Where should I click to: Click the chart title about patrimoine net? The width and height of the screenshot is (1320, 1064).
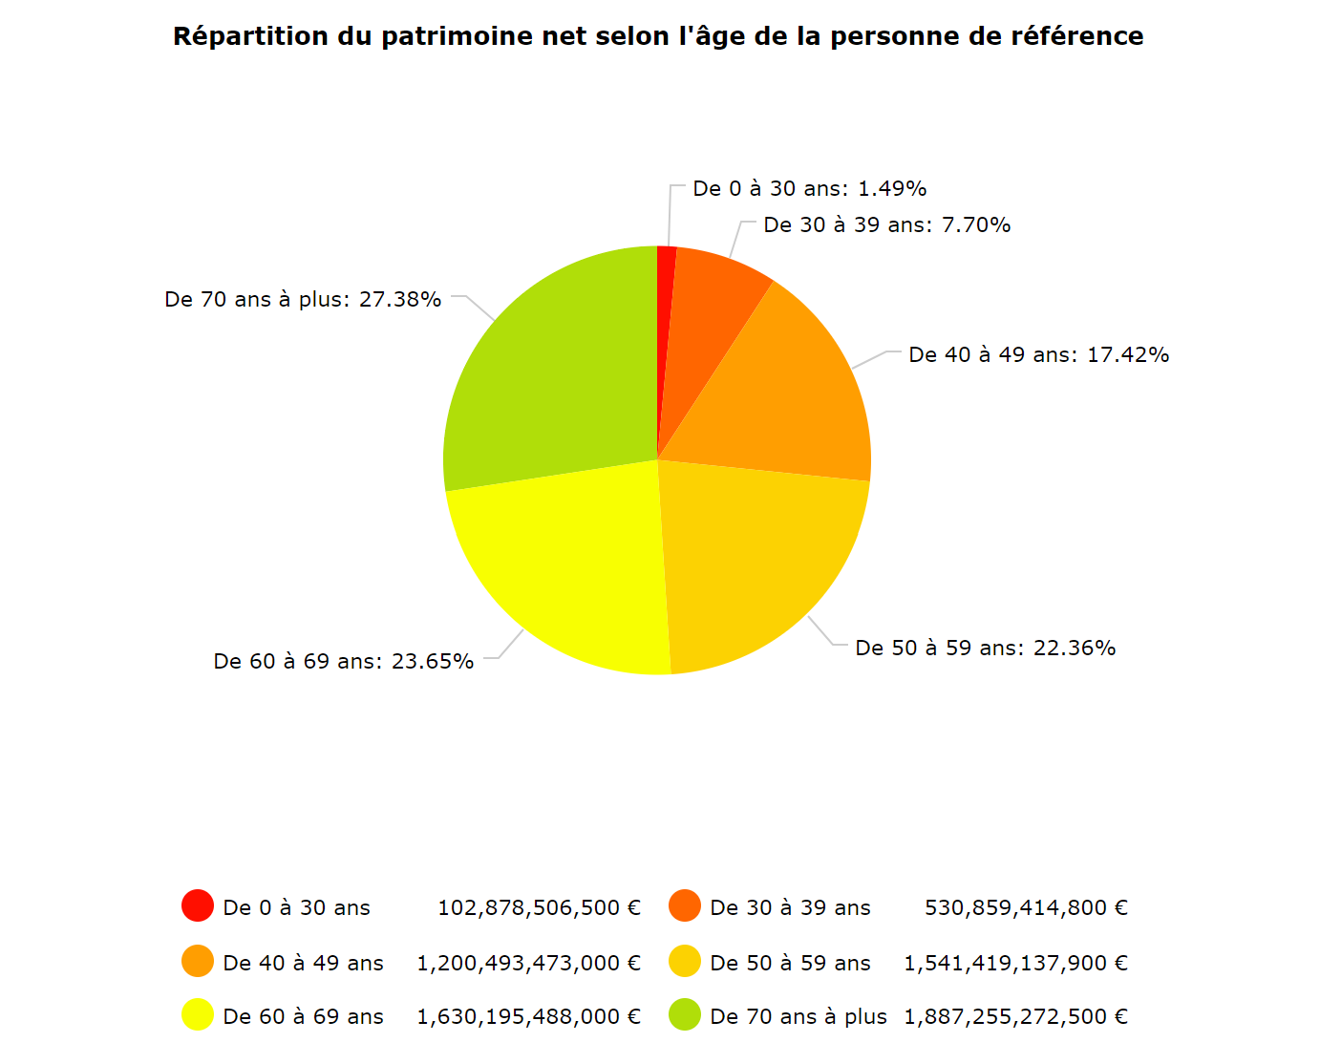658,36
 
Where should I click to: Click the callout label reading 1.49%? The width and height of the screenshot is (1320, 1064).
809,189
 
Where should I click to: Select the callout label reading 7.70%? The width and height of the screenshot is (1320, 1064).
886,225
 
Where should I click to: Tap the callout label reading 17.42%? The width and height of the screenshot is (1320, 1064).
1038,355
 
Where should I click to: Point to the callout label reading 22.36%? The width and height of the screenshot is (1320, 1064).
985,649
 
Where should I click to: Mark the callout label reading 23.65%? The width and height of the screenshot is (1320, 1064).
344,662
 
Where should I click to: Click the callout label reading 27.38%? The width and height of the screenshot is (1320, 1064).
303,300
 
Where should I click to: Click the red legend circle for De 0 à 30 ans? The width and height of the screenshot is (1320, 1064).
198,905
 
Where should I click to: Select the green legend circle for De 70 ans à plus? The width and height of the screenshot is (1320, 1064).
685,1014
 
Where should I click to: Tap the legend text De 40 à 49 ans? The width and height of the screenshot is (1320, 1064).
303,964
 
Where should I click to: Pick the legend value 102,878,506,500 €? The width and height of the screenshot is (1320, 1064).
539,908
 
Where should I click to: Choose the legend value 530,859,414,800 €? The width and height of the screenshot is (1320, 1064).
1026,908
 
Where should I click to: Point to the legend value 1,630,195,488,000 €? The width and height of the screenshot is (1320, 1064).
528,1017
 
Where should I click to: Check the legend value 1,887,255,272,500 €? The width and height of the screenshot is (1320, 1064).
1015,1017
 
